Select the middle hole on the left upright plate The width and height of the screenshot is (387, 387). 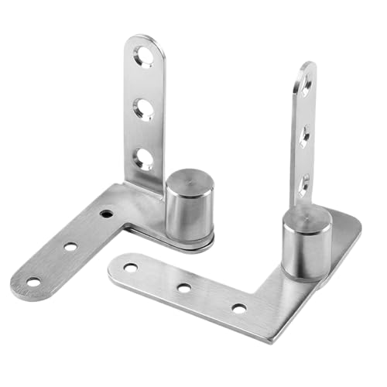[143, 108]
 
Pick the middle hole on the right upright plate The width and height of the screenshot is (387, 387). [304, 135]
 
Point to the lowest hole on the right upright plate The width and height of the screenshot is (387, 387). [303, 183]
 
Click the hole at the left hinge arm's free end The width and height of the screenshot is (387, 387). [33, 281]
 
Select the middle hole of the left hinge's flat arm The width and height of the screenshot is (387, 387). [70, 247]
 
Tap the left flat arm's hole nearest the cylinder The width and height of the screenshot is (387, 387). [106, 212]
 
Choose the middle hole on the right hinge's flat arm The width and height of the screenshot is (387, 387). [184, 288]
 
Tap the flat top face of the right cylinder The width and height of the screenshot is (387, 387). [307, 217]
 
